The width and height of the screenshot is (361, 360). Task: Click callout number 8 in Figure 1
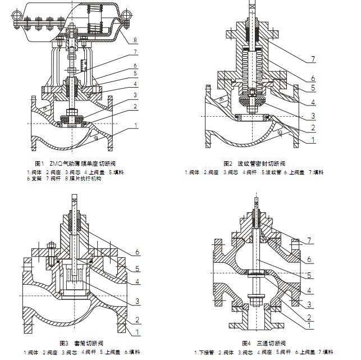pos(135,40)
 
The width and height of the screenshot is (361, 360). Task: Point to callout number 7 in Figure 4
pos(309,241)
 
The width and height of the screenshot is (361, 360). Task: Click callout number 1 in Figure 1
pos(135,126)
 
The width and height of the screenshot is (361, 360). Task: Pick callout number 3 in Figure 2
pos(313,116)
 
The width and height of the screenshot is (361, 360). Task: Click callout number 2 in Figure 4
pos(309,316)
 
